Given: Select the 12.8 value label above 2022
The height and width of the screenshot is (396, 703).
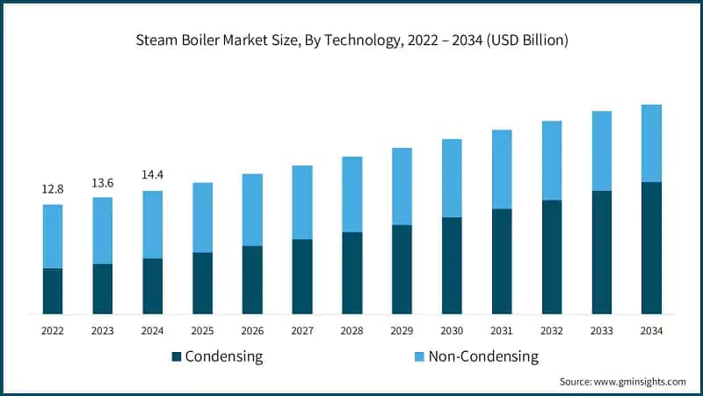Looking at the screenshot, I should tap(52, 189).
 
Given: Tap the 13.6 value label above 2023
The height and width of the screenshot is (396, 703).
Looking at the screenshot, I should tap(102, 182).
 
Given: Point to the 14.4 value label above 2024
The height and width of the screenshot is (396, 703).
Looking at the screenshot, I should tap(152, 175).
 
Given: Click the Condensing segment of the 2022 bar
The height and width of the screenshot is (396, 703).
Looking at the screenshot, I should tap(53, 290).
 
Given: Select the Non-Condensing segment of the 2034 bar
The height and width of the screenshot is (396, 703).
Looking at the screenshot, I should tap(652, 143).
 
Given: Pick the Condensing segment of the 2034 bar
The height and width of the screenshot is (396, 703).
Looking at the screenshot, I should tap(652, 248).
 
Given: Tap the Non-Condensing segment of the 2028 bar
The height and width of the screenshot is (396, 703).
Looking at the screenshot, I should tap(352, 194).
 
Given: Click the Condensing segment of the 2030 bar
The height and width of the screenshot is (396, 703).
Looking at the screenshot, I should tap(452, 266).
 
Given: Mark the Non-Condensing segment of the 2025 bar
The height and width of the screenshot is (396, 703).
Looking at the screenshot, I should tap(203, 217).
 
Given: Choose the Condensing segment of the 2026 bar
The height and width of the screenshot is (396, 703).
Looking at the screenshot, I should tap(252, 280).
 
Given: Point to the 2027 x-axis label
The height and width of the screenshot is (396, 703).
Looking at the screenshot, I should tap(302, 331).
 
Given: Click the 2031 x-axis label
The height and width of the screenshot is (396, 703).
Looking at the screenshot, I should tap(502, 331).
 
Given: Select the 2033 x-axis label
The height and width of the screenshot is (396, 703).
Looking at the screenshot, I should tap(602, 331).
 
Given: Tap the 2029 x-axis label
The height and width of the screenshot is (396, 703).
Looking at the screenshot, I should tap(402, 331).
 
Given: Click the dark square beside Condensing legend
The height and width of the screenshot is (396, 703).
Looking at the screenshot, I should tap(176, 356).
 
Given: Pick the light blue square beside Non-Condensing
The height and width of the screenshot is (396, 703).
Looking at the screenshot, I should tap(419, 356).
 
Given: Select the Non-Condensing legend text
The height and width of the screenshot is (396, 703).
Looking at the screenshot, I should tap(483, 356).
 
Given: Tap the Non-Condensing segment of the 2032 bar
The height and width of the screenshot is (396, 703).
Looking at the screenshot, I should tap(552, 160).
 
